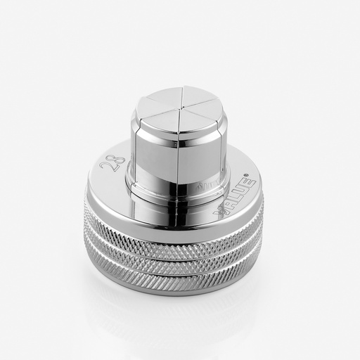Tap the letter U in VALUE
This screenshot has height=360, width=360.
(x=245, y=188)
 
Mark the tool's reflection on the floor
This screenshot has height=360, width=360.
(x=176, y=316)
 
